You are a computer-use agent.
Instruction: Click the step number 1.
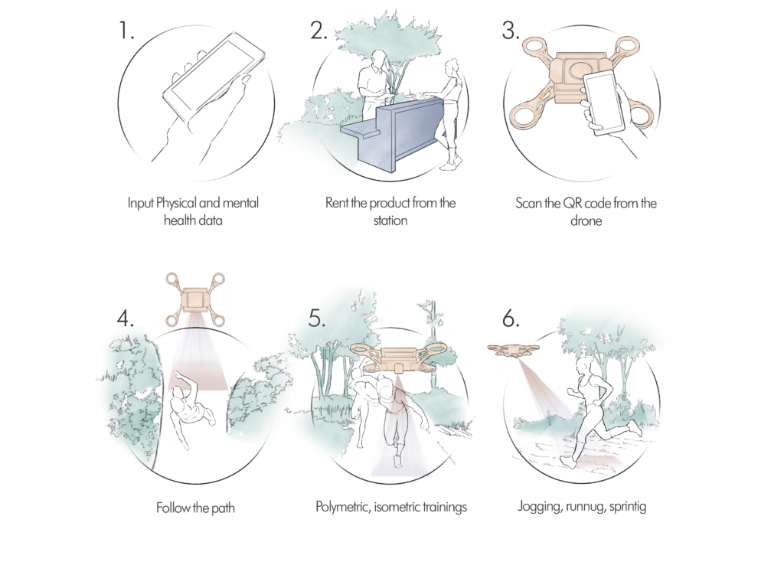pyautogui.click(x=126, y=31)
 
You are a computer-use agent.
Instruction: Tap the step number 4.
pyautogui.click(x=125, y=318)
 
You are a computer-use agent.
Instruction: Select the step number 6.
pyautogui.click(x=511, y=318)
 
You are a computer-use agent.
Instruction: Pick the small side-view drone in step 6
pyautogui.click(x=514, y=351)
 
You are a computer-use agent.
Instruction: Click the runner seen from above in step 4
pyautogui.click(x=191, y=410)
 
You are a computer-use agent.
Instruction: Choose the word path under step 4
pyautogui.click(x=223, y=508)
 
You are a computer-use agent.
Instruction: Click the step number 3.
pyautogui.click(x=511, y=31)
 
